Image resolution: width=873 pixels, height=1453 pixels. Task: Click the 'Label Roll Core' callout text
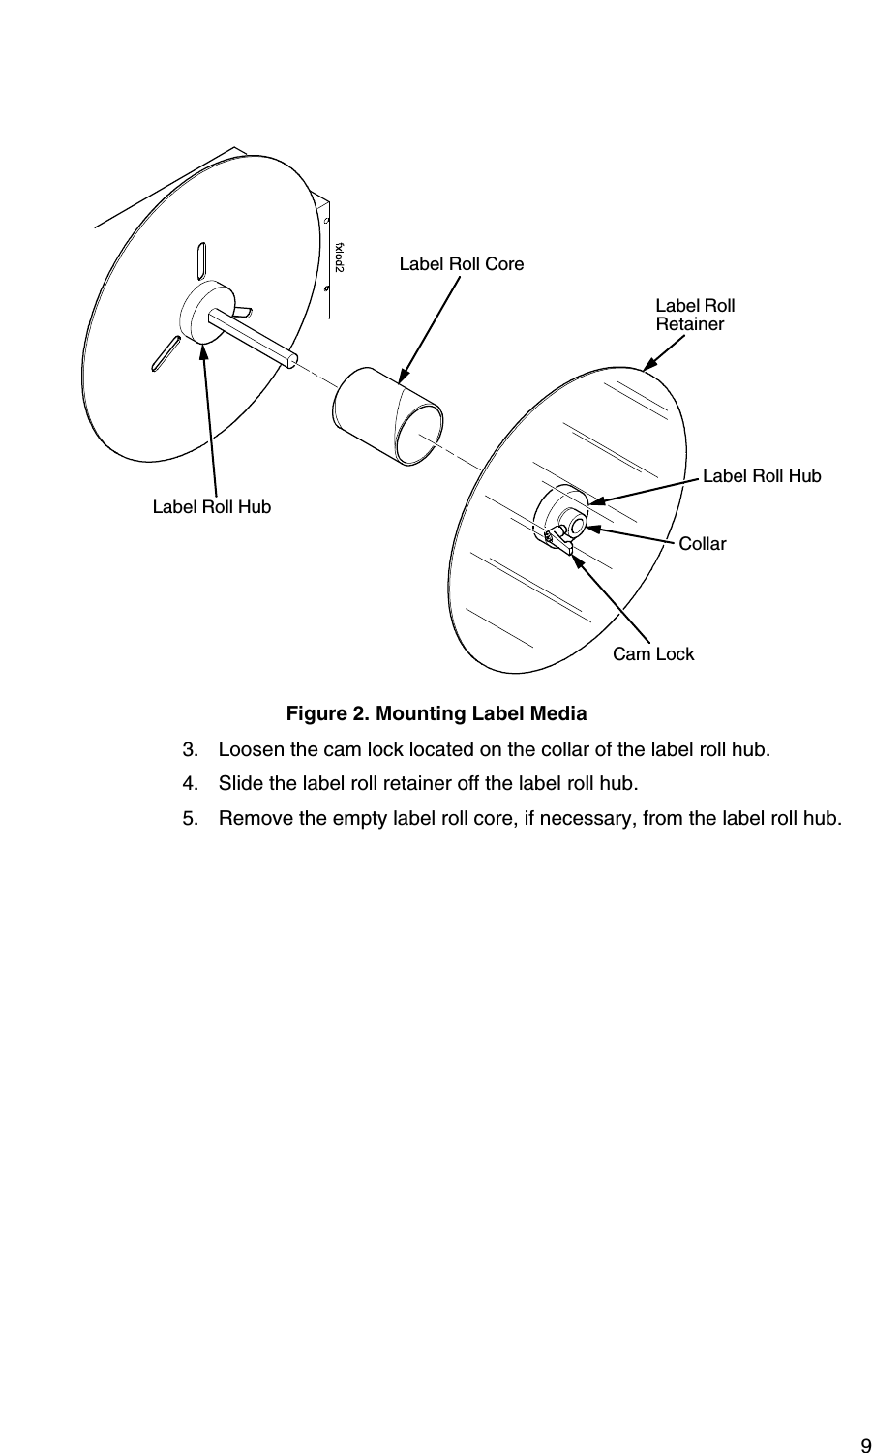[462, 263]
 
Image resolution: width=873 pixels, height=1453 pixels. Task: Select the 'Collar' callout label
[702, 544]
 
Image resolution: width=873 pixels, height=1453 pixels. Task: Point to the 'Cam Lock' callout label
[653, 654]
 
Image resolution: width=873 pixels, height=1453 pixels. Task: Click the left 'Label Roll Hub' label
[212, 506]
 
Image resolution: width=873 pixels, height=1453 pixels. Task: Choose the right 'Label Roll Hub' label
[761, 475]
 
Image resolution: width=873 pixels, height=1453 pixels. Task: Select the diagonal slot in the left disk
[165, 352]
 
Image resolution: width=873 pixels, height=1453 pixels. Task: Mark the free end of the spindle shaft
[291, 360]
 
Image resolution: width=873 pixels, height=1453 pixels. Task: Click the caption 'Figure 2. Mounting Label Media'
[436, 714]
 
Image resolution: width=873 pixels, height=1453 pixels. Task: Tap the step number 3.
[190, 750]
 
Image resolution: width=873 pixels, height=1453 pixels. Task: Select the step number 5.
[190, 819]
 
